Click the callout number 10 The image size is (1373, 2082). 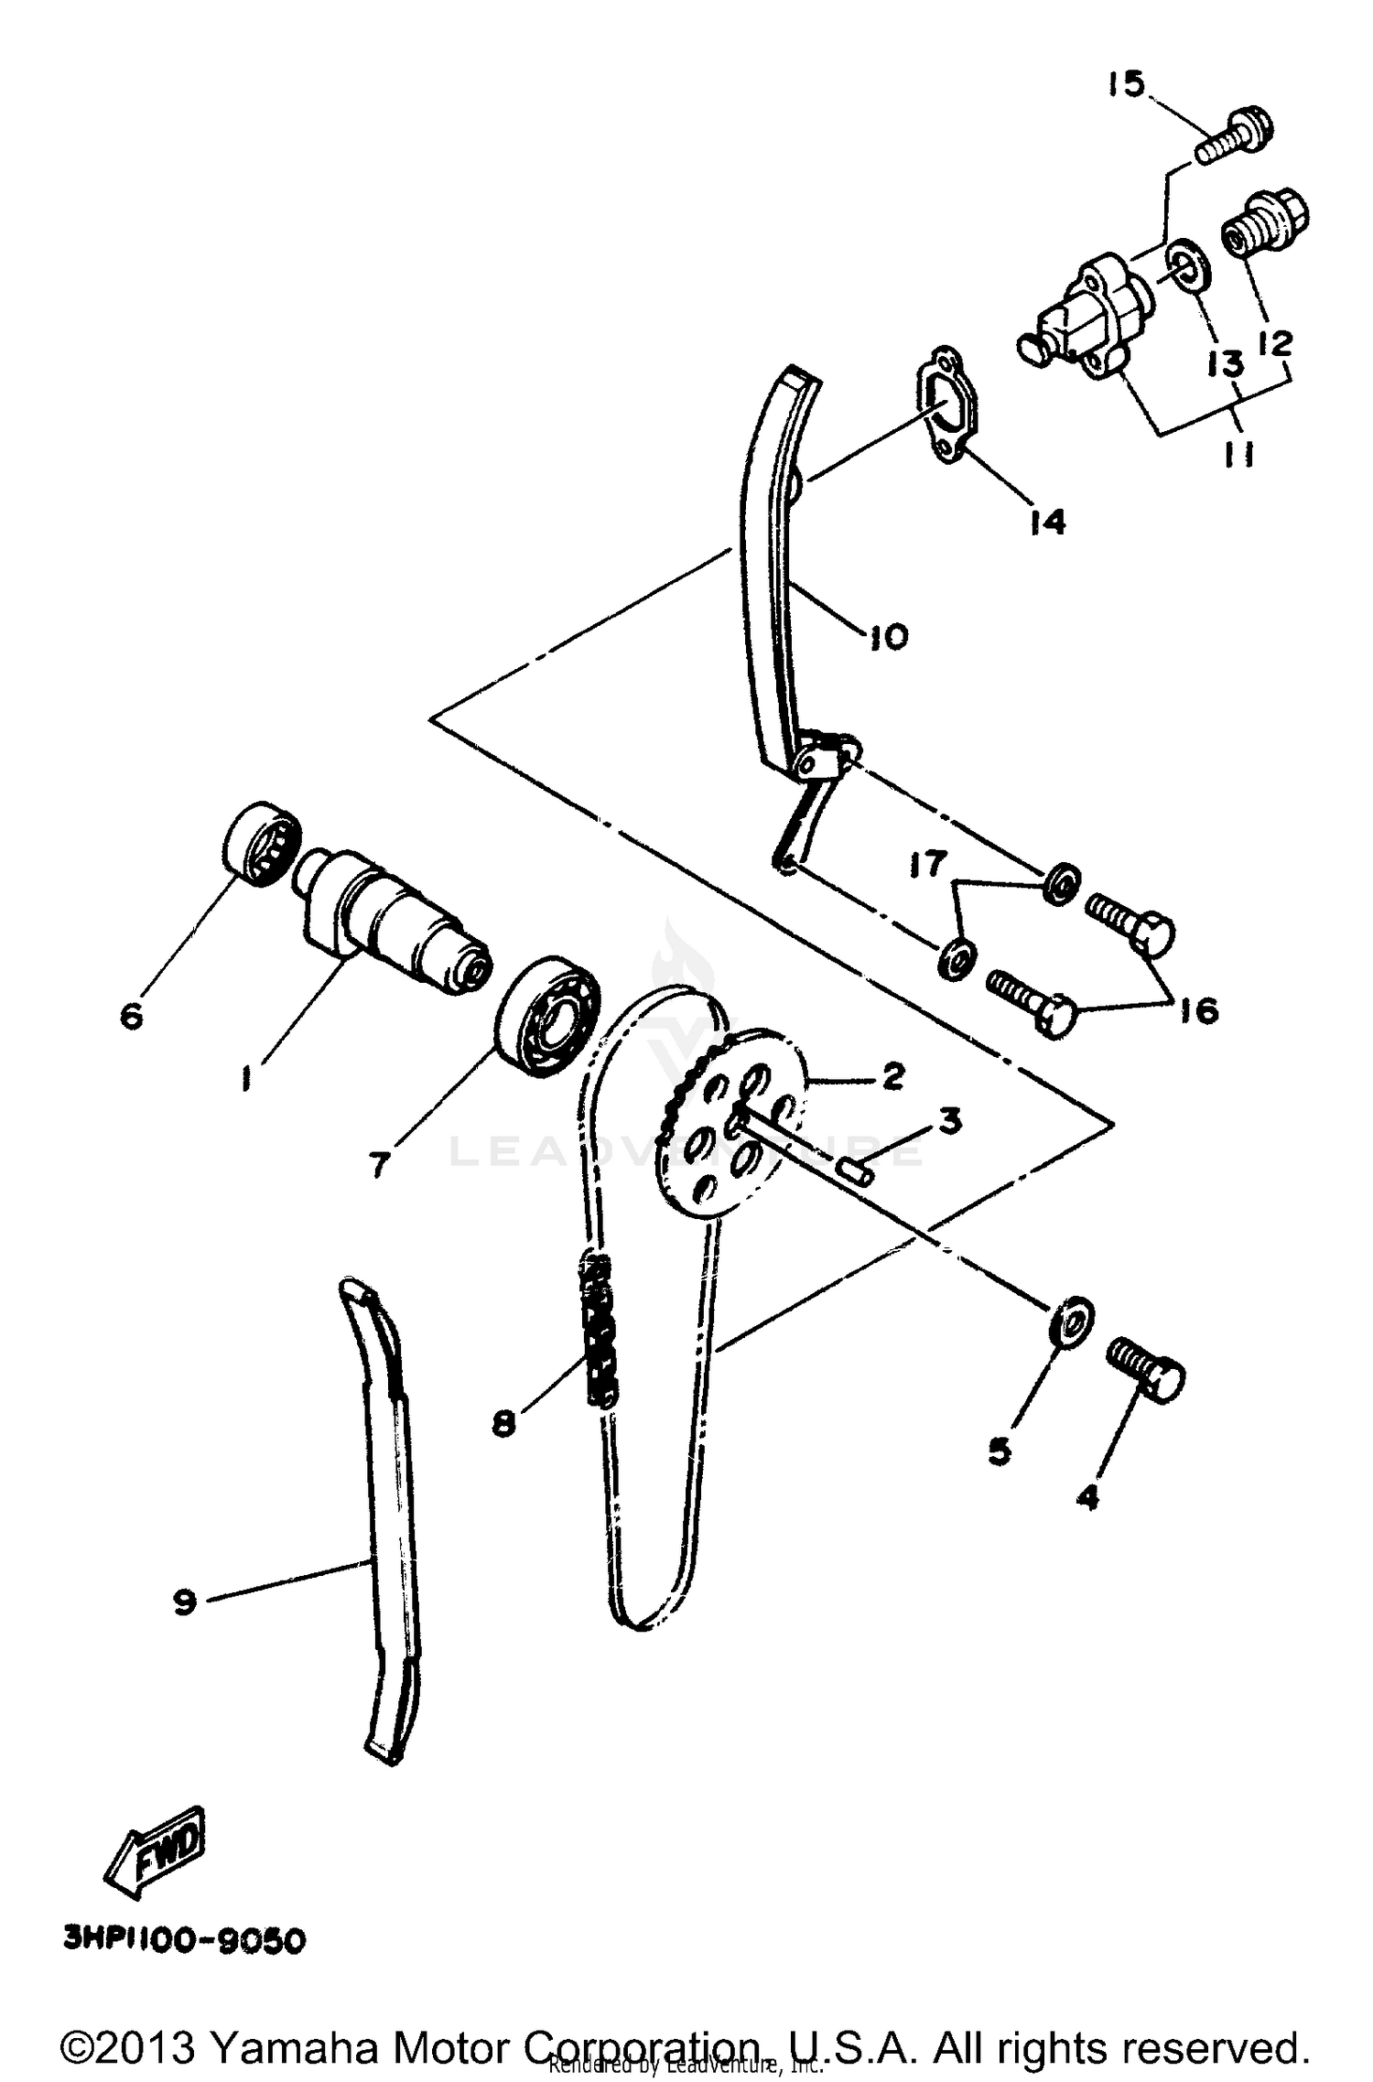click(885, 634)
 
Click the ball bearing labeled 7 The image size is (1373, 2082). click(547, 1016)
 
